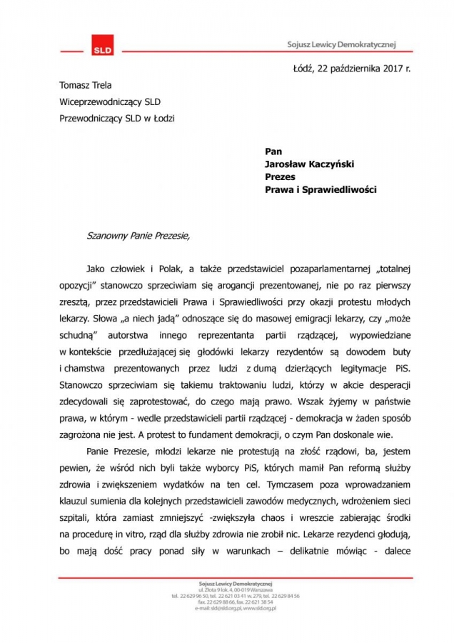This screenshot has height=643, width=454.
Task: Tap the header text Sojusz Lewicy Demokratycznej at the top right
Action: [338, 44]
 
